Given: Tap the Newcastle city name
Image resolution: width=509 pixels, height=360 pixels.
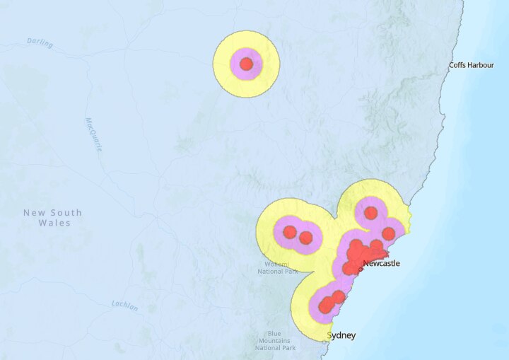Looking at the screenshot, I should pos(381,264).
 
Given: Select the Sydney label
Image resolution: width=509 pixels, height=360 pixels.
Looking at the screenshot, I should pos(342,335).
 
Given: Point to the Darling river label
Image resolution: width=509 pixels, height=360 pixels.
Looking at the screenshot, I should pos(40,42).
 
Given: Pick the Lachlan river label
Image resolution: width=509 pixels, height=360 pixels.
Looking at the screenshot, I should pos(124,306).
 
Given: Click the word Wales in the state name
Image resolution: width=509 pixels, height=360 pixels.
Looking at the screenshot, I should pos(56,223).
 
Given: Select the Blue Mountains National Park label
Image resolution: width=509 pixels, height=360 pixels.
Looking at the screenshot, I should pos(275,341).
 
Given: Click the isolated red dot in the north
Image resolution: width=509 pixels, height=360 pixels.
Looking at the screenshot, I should pos(246,64).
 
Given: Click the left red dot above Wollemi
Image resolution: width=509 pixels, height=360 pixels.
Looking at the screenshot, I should pos(290,232).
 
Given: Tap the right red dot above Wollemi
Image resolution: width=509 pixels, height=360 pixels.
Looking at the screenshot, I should pos(306,238).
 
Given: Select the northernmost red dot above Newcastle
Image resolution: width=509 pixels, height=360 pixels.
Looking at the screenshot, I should pos(370,213).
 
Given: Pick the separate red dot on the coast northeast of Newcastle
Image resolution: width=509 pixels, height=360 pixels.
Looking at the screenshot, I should pos(388,233).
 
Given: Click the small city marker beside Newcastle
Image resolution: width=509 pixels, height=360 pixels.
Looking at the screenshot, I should pos(360,268).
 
